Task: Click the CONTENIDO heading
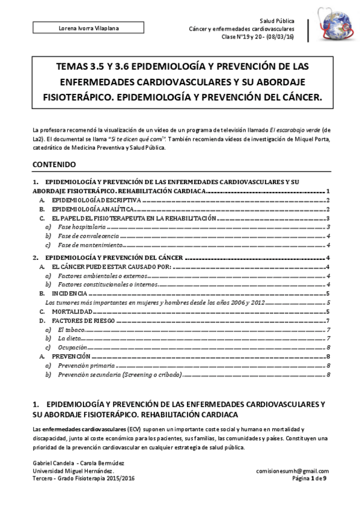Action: pyautogui.click(x=54, y=164)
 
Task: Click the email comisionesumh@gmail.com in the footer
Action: pyautogui.click(x=292, y=471)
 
